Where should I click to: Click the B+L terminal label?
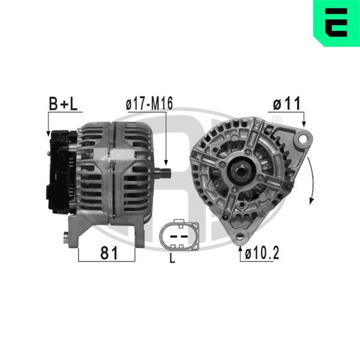coord(63,104)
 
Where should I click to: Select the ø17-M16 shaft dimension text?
coord(149,103)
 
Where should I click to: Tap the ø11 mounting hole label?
coord(287,103)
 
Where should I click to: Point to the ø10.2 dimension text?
coord(262,253)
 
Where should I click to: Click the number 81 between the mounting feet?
coord(109,253)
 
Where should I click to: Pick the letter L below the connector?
coord(172,259)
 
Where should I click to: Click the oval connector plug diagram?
coord(179,236)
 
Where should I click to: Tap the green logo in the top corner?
coord(337,23)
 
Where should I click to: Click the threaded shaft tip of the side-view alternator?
coord(163,173)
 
